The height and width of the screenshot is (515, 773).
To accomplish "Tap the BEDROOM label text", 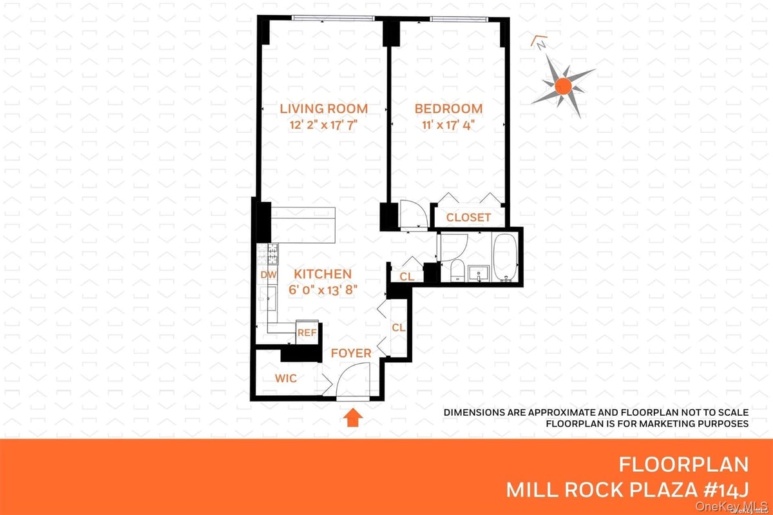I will coord(448,108).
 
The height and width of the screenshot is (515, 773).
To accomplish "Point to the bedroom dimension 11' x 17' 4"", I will coord(448,125).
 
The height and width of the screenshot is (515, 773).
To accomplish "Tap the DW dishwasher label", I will coord(268,275).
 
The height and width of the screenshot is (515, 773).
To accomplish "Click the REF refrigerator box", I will coord(307,333).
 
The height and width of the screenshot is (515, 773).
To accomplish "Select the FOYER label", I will coord(351,353).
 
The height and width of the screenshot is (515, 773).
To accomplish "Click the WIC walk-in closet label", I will coord(286,378).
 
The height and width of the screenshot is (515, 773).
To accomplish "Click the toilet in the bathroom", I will coord(455,271).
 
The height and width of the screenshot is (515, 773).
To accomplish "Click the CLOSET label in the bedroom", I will coord(468,218).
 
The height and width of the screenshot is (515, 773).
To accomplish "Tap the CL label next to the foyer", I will coord(398,327).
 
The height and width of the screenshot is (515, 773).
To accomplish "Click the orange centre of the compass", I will coord(563,85).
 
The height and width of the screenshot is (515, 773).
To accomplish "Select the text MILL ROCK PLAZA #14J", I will coord(627,489).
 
